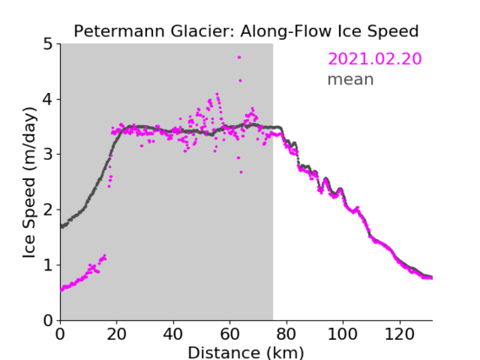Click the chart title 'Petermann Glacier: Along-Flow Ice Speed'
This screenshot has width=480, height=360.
coord(246,31)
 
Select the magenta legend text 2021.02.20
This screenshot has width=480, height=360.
coord(374,59)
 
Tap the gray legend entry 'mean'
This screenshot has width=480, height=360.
coord(351,79)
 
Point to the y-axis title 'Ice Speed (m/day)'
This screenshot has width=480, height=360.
coord(30,183)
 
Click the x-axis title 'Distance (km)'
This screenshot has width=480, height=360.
coord(246,352)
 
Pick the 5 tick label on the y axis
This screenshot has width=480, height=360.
coord(48,44)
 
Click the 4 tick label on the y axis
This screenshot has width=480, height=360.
coord(48,100)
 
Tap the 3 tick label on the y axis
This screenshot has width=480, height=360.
coord(48,155)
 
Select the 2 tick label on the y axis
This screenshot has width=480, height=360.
coord(48,210)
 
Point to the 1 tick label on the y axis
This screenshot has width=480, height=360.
coord(48,265)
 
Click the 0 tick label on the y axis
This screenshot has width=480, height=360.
coord(48,320)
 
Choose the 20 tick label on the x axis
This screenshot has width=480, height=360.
coord(117,334)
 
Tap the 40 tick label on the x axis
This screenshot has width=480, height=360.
coord(173,334)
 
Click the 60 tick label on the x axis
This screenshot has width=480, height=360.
coord(230,334)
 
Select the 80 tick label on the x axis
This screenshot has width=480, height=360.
coord(286,334)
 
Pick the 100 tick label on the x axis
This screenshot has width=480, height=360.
coord(342,334)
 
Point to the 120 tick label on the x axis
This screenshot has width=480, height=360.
coord(399,334)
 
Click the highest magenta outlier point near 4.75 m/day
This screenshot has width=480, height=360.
coord(239,57)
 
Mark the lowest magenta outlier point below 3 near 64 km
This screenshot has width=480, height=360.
coord(241,172)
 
